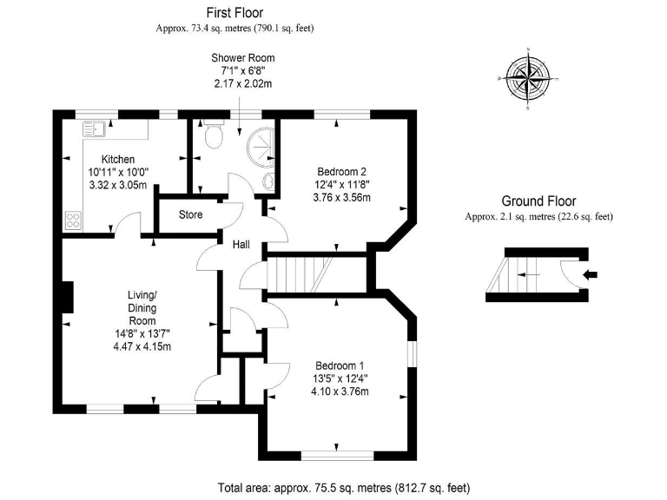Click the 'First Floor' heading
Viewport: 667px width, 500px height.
[x=234, y=12]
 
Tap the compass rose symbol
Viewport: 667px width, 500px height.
[x=527, y=77]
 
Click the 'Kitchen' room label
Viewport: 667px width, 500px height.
[x=117, y=160]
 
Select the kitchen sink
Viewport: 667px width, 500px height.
[x=93, y=130]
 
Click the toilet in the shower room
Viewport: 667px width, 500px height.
[x=213, y=135]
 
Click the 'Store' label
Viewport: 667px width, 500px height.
[x=190, y=214]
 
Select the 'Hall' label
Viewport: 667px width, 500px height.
[x=241, y=245]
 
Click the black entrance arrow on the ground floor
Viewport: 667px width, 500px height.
[x=591, y=275]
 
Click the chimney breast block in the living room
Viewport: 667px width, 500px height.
[x=68, y=298]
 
